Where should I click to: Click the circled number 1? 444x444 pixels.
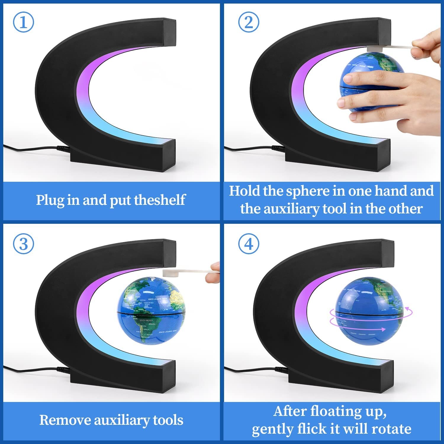(23, 22)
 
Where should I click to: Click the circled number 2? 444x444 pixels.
(249, 22)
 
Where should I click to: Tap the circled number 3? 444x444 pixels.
(23, 244)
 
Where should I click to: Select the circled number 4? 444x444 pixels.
(249, 244)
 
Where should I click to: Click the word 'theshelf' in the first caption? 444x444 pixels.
(160, 200)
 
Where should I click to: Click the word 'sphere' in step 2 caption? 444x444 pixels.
(308, 191)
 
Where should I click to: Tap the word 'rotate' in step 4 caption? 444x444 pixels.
(391, 429)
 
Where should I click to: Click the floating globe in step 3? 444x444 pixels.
(151, 311)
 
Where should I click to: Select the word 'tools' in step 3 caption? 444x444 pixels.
(168, 420)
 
